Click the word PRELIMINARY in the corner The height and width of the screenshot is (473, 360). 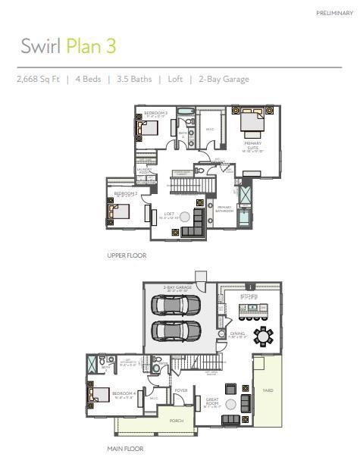point(334,13)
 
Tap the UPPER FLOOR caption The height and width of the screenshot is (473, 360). point(127,255)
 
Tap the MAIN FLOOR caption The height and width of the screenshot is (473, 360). point(125,449)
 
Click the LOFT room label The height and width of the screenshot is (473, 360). point(169,214)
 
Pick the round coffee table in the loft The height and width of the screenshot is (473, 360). point(184,217)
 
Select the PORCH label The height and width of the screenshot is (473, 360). point(177,420)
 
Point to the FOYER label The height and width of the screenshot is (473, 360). point(181,390)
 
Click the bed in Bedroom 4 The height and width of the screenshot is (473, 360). point(97,394)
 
